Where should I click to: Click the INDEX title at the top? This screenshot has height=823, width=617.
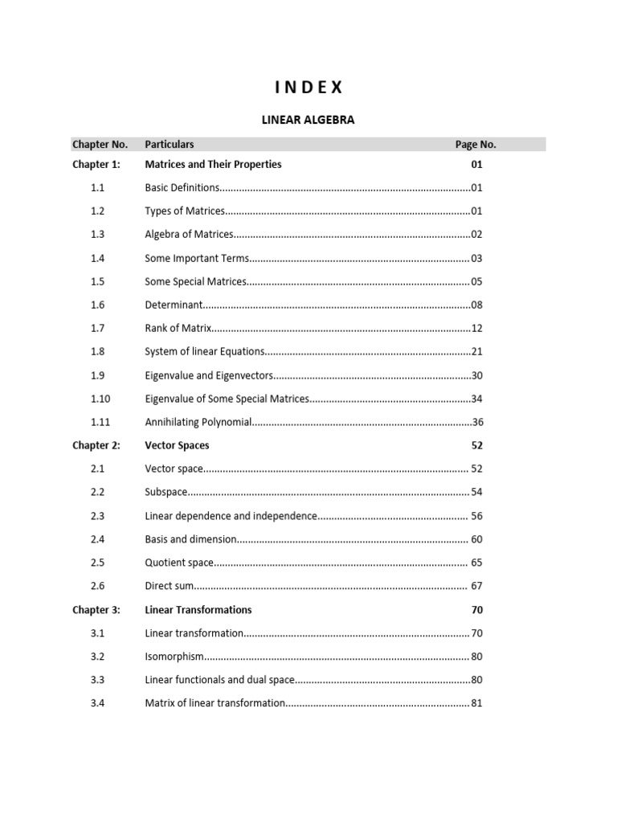(308, 87)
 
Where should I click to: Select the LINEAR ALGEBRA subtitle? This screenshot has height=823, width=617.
(308, 120)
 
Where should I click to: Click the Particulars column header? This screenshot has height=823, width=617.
(169, 145)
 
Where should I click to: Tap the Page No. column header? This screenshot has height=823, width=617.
(476, 145)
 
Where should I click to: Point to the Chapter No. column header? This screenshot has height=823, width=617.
(100, 145)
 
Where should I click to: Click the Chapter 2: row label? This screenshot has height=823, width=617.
(96, 445)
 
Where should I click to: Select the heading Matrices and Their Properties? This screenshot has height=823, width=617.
(213, 164)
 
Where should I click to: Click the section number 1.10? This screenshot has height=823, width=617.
(100, 399)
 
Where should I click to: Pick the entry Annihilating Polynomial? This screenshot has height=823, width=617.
(198, 422)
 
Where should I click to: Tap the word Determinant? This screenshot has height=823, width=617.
(174, 305)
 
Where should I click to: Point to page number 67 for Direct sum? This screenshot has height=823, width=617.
(476, 587)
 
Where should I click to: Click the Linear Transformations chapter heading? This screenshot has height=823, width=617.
(198, 610)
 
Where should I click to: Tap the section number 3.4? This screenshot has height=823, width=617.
(98, 703)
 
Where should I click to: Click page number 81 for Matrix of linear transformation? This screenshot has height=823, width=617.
(476, 703)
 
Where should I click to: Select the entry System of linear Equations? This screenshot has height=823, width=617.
(204, 352)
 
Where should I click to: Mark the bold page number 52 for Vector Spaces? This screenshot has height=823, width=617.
(476, 445)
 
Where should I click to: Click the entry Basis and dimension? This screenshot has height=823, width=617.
(190, 539)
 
